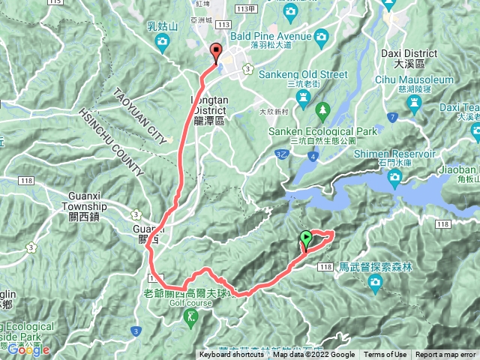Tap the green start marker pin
tap(306, 240)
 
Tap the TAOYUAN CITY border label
tap(139, 116)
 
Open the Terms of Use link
tap(385, 355)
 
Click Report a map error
tap(445, 355)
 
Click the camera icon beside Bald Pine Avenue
tap(320, 35)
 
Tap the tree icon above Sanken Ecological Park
tap(323, 111)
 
